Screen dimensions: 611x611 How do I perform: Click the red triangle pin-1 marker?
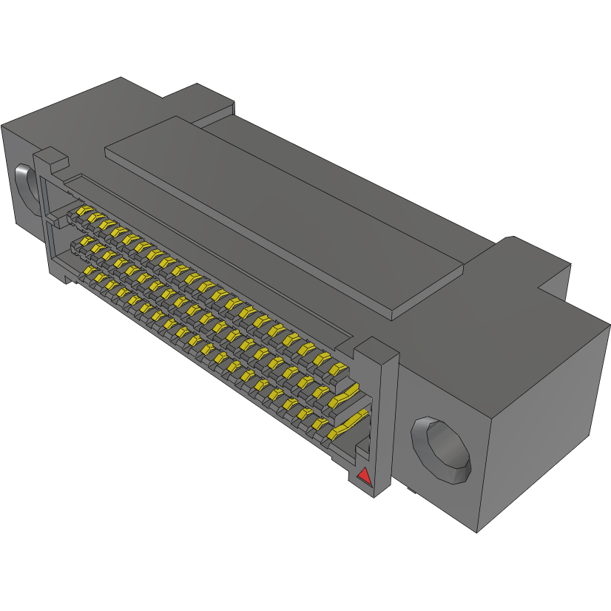363,476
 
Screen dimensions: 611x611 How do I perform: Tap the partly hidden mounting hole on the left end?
24,186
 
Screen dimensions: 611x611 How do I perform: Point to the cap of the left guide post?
51,157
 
